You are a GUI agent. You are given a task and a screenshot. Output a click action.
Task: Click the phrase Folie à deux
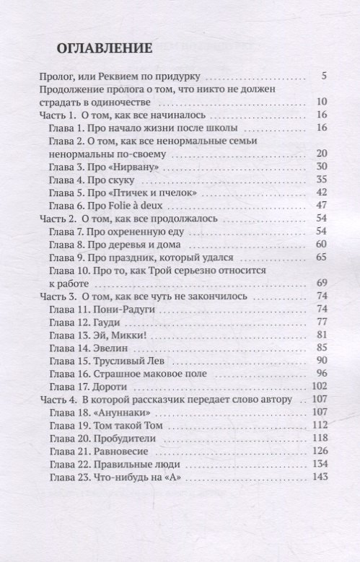[143, 206]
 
